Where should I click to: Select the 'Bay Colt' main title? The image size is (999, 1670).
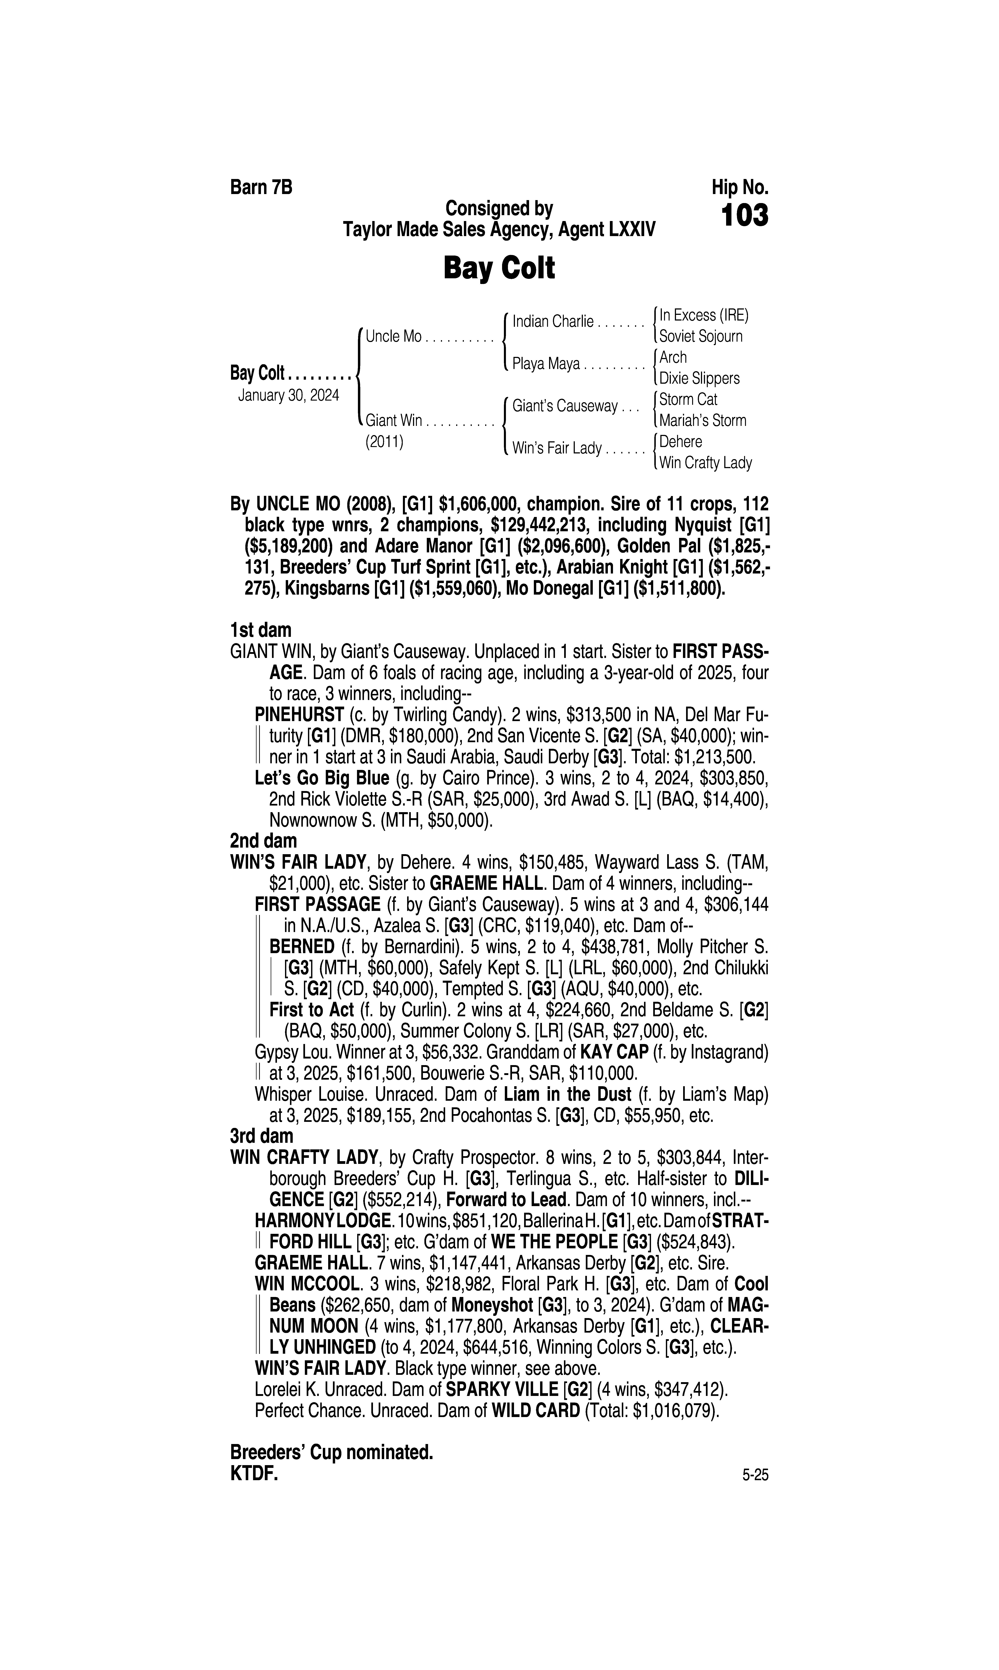(x=499, y=268)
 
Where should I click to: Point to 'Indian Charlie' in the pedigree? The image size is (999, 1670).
(x=553, y=322)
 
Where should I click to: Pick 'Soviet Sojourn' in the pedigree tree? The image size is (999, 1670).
(x=701, y=336)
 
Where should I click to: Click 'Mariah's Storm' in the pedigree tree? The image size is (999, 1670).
(x=703, y=421)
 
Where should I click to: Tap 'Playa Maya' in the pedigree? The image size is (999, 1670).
(x=546, y=364)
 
